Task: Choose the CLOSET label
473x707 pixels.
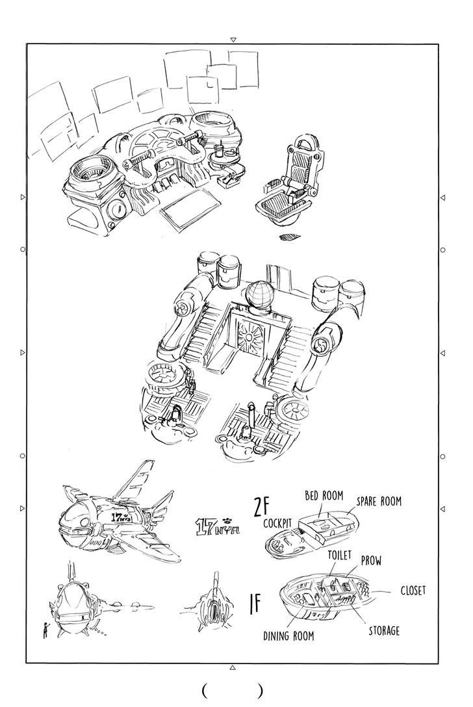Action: pyautogui.click(x=413, y=590)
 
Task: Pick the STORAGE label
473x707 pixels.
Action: pyautogui.click(x=384, y=630)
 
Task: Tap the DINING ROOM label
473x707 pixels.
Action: pyautogui.click(x=288, y=636)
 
